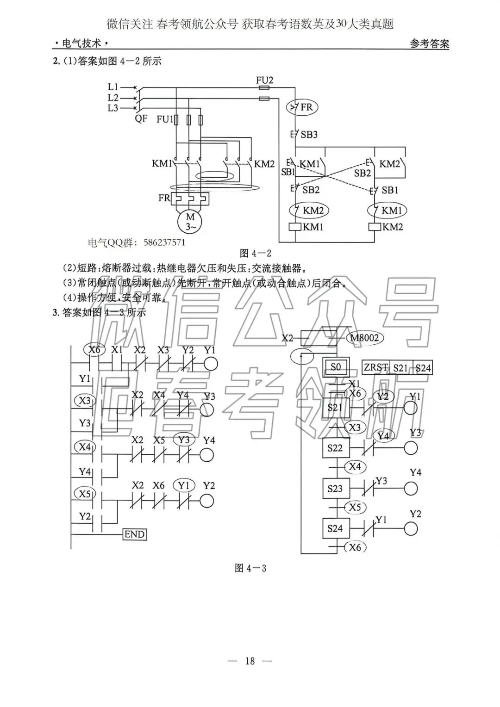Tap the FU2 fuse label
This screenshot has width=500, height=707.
coord(264,80)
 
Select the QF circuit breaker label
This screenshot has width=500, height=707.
coord(141,118)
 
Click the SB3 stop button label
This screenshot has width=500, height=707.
coord(309,135)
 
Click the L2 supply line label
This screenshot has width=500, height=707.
coord(113,98)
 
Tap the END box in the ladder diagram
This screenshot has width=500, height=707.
coord(135,534)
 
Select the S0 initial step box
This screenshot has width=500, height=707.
coord(335,367)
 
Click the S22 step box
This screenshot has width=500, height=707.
coord(335,448)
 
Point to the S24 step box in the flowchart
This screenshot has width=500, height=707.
coord(335,528)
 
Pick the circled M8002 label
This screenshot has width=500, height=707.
coord(364,338)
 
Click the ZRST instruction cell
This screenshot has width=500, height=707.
coord(375,368)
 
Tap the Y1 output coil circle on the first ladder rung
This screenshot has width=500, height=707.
coord(210,364)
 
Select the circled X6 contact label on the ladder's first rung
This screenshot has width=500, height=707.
coord(94,350)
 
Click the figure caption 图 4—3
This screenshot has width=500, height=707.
coord(250,568)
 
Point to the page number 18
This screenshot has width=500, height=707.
coord(250,661)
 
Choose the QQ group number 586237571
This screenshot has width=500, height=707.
coord(164,242)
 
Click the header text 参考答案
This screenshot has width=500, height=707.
coord(429,44)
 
